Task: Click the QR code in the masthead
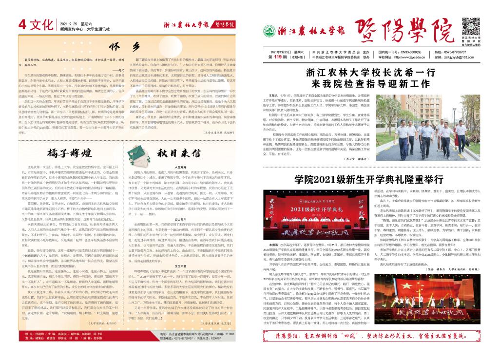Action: point(472,26)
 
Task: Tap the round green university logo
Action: point(269,31)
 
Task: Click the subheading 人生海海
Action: point(181,167)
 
